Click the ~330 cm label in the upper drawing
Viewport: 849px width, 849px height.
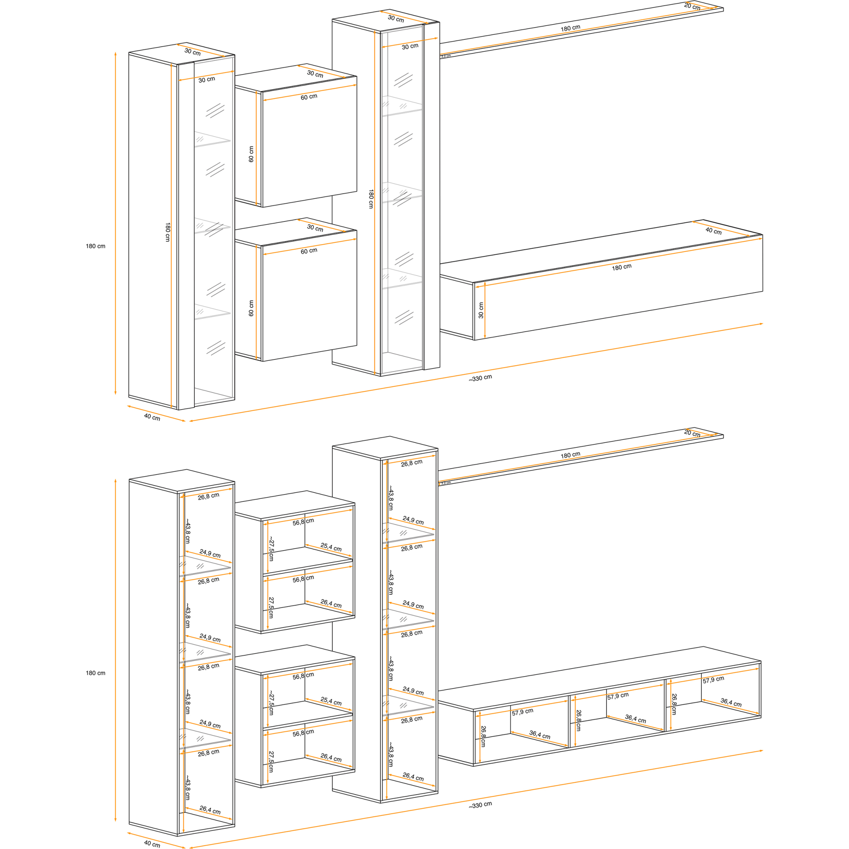click(480, 378)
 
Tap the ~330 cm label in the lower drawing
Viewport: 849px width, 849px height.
click(480, 804)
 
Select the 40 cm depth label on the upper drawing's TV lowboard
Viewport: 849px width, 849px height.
click(713, 231)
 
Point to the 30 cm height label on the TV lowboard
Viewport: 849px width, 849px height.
click(481, 310)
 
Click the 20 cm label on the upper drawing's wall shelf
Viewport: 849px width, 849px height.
click(692, 7)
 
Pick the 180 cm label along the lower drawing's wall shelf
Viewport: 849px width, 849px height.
click(571, 455)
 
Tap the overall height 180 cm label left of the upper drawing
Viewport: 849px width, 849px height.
click(96, 246)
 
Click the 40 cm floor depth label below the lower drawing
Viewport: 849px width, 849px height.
click(152, 844)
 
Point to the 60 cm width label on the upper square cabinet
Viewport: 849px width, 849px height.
click(309, 97)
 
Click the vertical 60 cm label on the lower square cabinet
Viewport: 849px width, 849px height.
click(251, 308)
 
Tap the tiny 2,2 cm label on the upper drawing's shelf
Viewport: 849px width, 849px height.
click(446, 56)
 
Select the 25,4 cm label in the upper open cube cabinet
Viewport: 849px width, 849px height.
click(331, 547)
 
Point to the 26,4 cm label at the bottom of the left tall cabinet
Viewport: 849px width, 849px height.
click(210, 810)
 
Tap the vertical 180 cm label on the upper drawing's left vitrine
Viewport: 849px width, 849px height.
click(167, 232)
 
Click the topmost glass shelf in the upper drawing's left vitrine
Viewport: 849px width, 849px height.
click(212, 139)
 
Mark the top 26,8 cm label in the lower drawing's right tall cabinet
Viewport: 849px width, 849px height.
click(412, 463)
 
